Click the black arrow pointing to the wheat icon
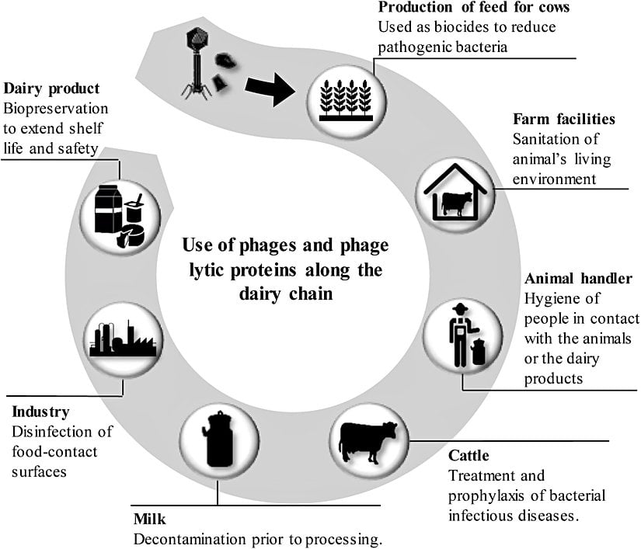269,89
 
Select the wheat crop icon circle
347,96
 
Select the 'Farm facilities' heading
564,120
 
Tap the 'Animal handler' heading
579,279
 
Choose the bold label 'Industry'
40,412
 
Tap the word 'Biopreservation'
56,109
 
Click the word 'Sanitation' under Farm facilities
546,140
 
